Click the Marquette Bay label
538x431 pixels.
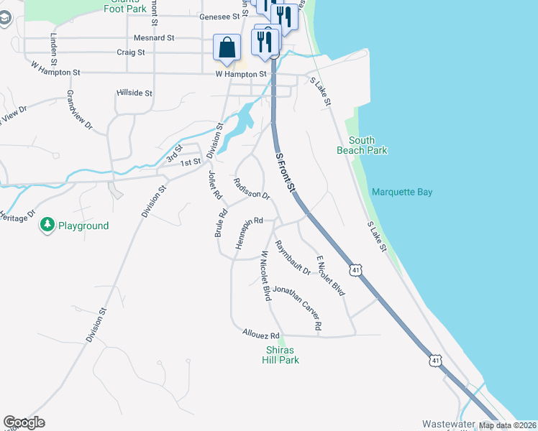click(x=402, y=193)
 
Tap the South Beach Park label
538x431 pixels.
click(x=362, y=145)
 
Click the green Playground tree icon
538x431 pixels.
click(x=47, y=226)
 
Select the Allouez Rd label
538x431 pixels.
click(x=260, y=335)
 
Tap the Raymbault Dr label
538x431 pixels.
click(x=292, y=258)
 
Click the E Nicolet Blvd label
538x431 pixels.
click(x=331, y=275)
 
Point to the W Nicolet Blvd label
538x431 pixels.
click(x=265, y=275)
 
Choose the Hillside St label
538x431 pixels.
click(x=134, y=93)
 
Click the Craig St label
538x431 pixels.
click(x=131, y=52)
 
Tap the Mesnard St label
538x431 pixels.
click(x=154, y=37)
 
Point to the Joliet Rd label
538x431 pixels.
click(x=213, y=185)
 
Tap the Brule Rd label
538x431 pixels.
click(x=222, y=223)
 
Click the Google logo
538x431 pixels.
click(x=24, y=422)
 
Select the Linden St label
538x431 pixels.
click(x=53, y=45)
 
